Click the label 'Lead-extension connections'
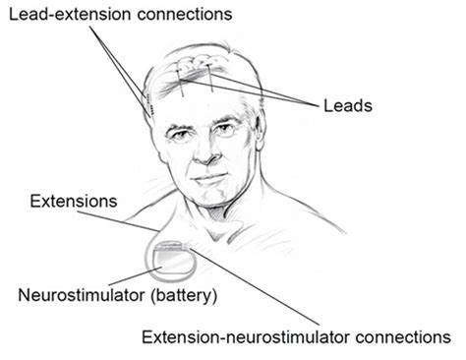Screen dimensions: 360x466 (x=117, y=16)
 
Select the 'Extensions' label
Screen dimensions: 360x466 (x=74, y=202)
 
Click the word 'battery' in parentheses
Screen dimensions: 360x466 (x=187, y=295)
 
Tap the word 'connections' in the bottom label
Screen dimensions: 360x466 (x=401, y=337)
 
